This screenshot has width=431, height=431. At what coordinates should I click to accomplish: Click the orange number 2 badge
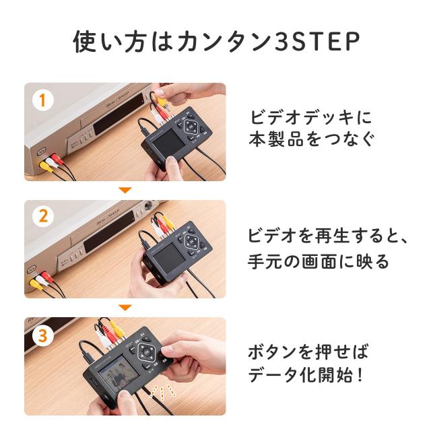point(42,217)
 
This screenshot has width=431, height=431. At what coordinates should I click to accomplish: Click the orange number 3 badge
point(42,334)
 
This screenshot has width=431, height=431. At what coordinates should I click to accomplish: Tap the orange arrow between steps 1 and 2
point(125,191)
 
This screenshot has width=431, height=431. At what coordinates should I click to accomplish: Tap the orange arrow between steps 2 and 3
point(125,308)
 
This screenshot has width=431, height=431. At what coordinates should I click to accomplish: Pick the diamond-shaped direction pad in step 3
point(146,352)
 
